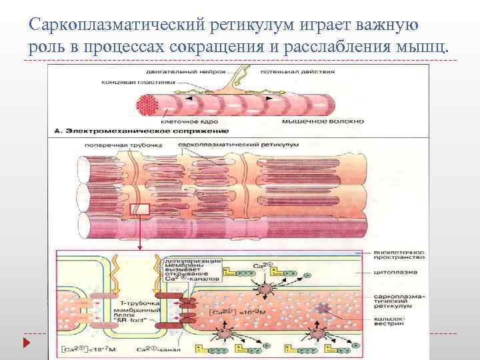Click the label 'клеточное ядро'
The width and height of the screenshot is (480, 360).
(183, 122)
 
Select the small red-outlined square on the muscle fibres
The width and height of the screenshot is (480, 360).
(141, 211)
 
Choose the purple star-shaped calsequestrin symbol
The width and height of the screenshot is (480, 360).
(325, 307)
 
